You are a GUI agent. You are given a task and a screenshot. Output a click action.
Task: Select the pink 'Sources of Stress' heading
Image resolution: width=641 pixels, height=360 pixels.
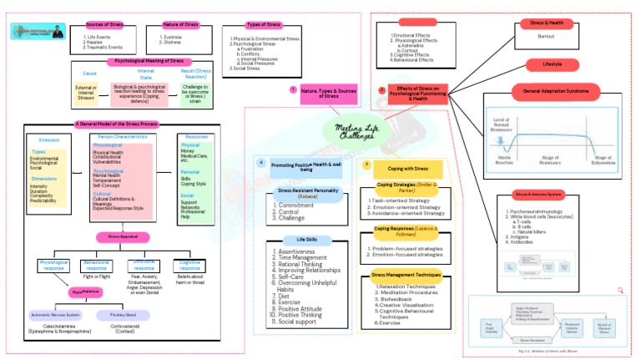107,24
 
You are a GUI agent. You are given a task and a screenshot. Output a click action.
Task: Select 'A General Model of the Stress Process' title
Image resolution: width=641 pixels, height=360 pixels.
116,124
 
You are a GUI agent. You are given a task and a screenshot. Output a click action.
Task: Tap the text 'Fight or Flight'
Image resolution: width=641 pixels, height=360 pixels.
98,276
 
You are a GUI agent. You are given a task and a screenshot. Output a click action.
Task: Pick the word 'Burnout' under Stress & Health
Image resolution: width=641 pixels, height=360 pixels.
546,37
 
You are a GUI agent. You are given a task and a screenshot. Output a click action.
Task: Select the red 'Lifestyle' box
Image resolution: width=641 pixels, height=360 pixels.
552,64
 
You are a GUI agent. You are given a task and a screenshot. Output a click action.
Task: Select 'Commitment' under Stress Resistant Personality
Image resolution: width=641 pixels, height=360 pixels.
295,205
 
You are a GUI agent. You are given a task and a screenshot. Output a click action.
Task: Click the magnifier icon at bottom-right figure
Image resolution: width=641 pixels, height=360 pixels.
621,290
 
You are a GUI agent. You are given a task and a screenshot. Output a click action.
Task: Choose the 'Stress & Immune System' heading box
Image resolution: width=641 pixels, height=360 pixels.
533,194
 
